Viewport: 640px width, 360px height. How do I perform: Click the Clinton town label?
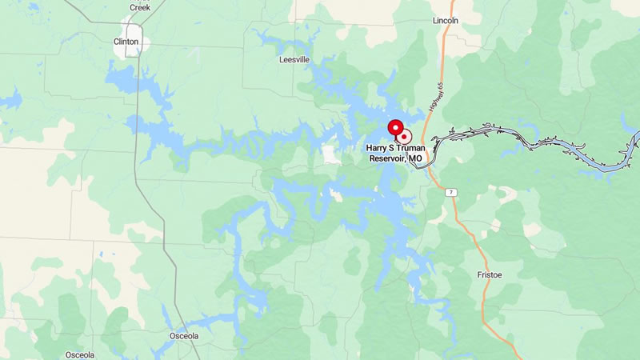click(126, 41)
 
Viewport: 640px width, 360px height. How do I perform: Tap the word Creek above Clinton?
click(139, 7)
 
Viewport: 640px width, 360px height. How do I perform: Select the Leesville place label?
click(294, 59)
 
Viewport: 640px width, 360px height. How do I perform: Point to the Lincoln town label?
click(445, 20)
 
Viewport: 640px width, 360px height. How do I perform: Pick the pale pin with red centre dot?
click(405, 137)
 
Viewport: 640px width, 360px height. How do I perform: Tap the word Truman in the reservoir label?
click(419, 148)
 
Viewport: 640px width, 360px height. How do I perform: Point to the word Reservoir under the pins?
click(387, 158)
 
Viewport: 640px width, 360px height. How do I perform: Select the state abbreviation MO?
click(415, 158)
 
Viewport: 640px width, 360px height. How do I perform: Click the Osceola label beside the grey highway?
click(183, 336)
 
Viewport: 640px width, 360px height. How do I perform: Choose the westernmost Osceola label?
click(80, 354)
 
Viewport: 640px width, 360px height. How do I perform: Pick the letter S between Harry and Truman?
click(398, 148)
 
